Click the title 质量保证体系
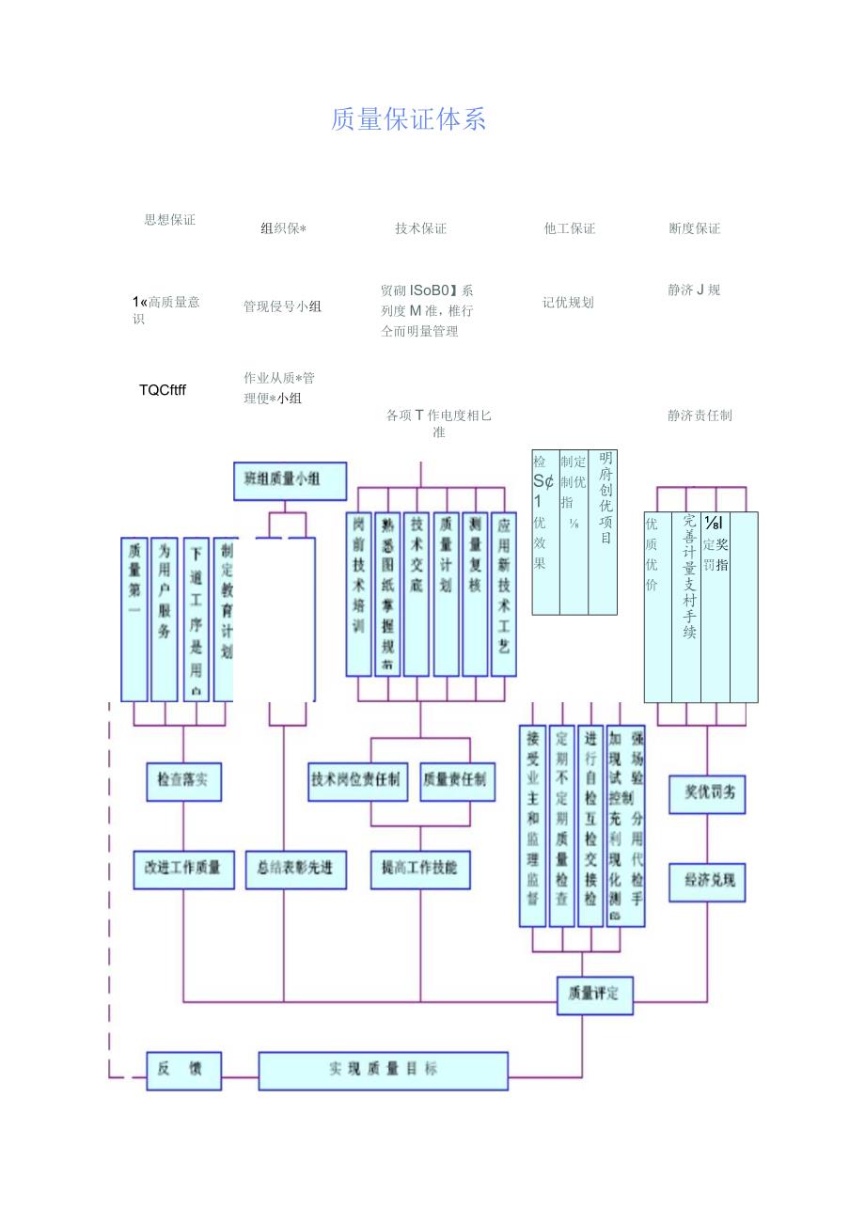(409, 120)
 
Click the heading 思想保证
(170, 220)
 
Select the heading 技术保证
(420, 228)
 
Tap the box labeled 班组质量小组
(290, 479)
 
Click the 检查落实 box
(184, 781)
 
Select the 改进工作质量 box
(183, 869)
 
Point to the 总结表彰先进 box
(295, 869)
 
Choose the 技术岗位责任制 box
(358, 780)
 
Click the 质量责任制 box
(457, 780)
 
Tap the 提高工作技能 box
(420, 869)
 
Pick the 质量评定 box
(594, 995)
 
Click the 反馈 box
(184, 1070)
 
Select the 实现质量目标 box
(384, 1070)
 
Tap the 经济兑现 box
(707, 883)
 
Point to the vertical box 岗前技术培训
(359, 594)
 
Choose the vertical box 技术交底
(417, 594)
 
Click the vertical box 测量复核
(475, 594)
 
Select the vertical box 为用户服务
(165, 619)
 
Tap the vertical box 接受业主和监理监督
(533, 825)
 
